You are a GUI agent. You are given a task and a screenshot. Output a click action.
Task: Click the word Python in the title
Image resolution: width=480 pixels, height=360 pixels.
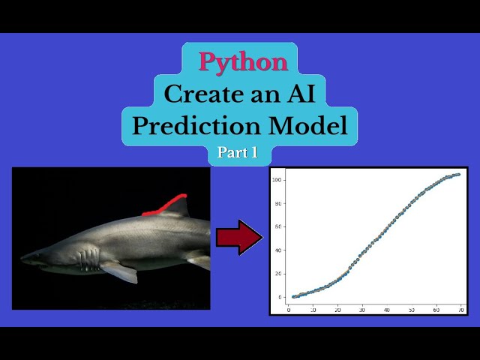(243, 61)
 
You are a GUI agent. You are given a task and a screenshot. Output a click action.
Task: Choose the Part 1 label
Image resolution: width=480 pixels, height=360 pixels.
(238, 152)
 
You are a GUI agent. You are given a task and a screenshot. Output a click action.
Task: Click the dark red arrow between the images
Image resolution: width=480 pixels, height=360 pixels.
(239, 238)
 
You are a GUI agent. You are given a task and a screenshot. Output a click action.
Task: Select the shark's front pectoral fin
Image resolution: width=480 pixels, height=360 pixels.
(120, 271)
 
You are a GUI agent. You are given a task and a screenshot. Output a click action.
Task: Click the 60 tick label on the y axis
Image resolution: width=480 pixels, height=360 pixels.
(277, 226)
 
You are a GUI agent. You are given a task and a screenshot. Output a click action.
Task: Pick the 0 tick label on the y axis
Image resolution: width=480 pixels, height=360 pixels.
(279, 297)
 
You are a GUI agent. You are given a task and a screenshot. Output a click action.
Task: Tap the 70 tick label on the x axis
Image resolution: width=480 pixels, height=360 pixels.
(461, 309)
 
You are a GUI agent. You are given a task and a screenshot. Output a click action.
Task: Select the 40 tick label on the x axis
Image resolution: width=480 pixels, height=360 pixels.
(387, 309)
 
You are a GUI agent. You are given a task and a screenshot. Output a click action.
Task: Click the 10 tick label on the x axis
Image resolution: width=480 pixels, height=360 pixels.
(313, 309)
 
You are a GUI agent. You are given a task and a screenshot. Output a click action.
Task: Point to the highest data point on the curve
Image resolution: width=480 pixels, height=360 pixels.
(457, 175)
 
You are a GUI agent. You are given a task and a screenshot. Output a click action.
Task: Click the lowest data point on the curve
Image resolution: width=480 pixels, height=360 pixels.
(293, 297)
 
